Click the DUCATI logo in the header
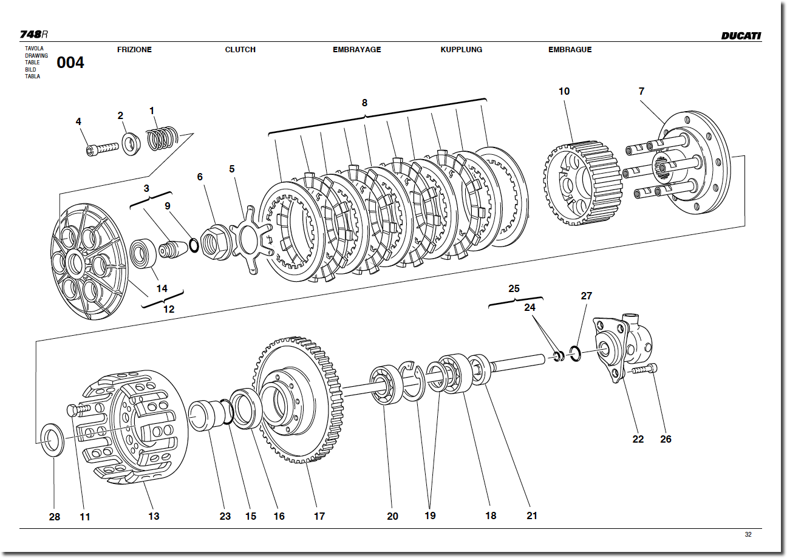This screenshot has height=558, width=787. click(x=740, y=36)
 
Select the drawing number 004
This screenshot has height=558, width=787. click(x=70, y=63)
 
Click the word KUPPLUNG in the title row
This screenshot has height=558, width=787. click(x=461, y=50)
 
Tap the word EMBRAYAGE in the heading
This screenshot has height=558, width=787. click(x=356, y=50)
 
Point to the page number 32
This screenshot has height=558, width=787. click(x=748, y=534)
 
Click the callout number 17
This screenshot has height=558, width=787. click(x=319, y=516)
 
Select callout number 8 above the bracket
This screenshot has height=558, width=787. click(x=364, y=103)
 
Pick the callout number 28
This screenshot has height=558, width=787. click(x=55, y=517)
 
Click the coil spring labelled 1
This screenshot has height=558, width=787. click(x=162, y=138)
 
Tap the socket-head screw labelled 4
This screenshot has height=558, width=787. click(x=100, y=148)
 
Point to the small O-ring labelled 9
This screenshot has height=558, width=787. click(x=194, y=245)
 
